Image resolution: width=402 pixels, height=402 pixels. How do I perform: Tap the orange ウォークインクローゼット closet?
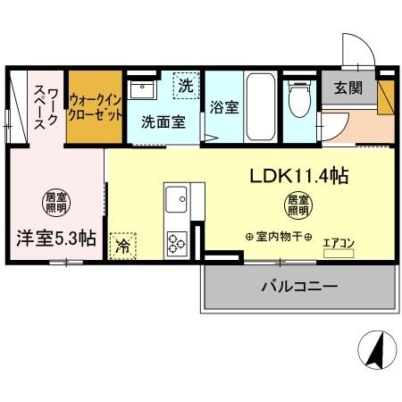click(94, 109)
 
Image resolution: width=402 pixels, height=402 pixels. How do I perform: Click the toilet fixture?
click(299, 103)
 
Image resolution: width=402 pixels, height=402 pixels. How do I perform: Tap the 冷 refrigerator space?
click(122, 246)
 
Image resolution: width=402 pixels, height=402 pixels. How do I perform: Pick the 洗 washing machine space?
click(185, 86)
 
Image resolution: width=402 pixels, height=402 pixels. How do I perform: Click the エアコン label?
click(338, 241)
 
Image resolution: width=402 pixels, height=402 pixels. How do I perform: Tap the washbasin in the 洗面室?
click(144, 89)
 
